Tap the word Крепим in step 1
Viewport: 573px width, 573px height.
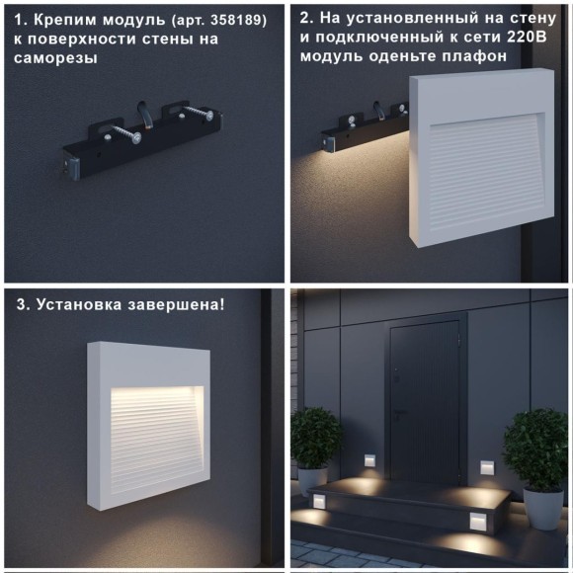click(x=65, y=19)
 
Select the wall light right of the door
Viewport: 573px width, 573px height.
click(x=487, y=466)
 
